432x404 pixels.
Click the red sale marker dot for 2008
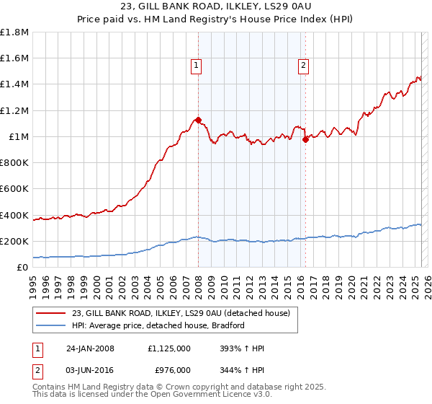pyautogui.click(x=198, y=120)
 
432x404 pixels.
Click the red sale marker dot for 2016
pyautogui.click(x=305, y=140)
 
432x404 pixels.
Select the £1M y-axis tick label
pyautogui.click(x=18, y=136)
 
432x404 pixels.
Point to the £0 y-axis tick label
pyautogui.click(x=23, y=267)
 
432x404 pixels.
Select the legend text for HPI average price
pyautogui.click(x=158, y=325)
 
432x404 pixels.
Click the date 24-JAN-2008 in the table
pyautogui.click(x=91, y=348)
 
